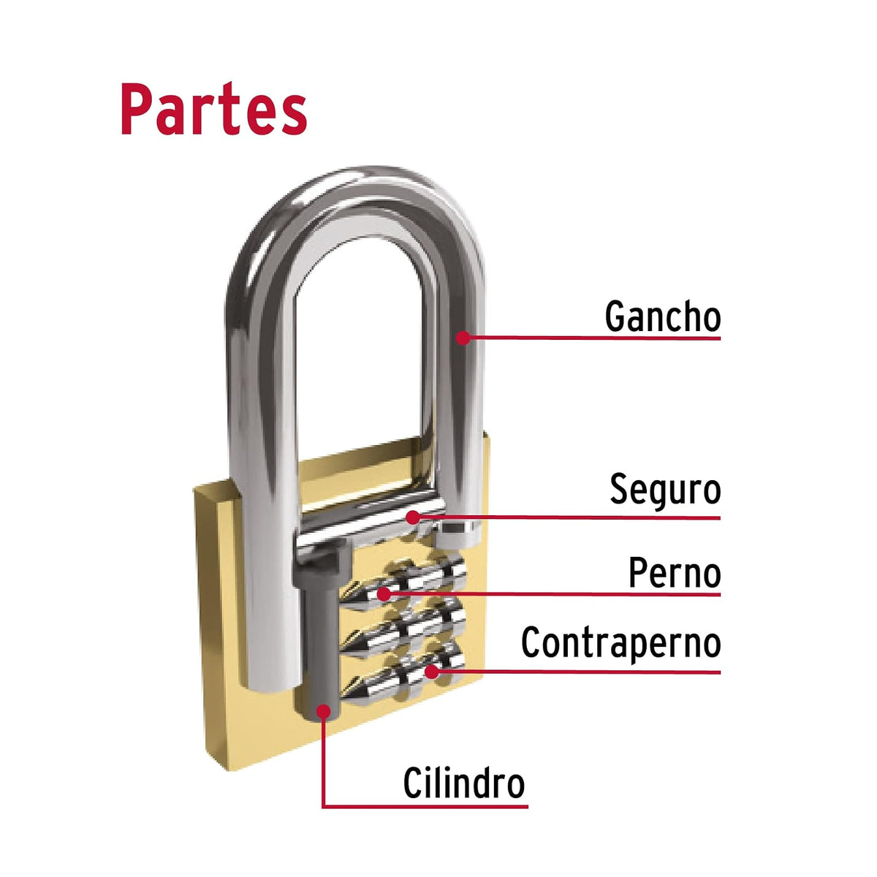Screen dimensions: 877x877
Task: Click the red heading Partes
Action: click(213, 108)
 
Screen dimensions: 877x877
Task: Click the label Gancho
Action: click(662, 316)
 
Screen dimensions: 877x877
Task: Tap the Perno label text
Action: click(675, 573)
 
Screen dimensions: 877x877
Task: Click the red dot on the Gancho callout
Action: click(463, 338)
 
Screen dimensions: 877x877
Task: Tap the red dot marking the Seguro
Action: click(413, 517)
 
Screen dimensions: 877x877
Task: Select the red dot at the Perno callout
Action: click(384, 594)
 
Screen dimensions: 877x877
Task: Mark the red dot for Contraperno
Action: click(431, 672)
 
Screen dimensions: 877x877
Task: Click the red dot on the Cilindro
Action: click(324, 711)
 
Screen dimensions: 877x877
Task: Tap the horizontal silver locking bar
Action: click(371, 523)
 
